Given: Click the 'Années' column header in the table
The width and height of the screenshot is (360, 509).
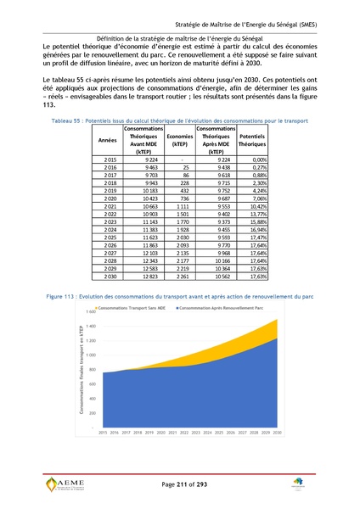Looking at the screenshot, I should pyautogui.click(x=108, y=139).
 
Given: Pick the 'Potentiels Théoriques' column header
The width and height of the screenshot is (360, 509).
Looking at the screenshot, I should pyautogui.click(x=251, y=139).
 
